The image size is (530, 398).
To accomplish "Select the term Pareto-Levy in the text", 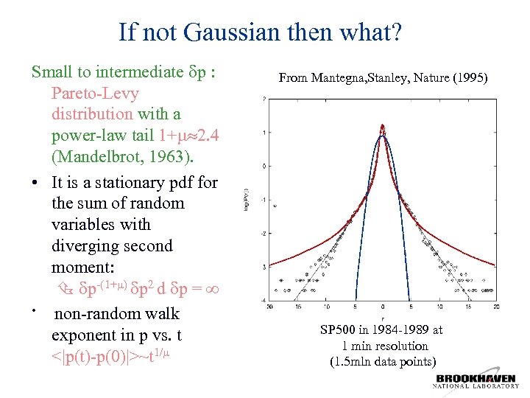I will coord(95,94).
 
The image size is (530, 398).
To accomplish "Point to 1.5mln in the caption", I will coord(351,361).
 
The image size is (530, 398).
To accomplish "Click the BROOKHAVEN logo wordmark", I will coord(477,379).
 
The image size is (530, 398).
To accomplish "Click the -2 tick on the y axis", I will coord(264,233).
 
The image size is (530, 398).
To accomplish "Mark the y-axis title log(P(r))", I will coord(247,200).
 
